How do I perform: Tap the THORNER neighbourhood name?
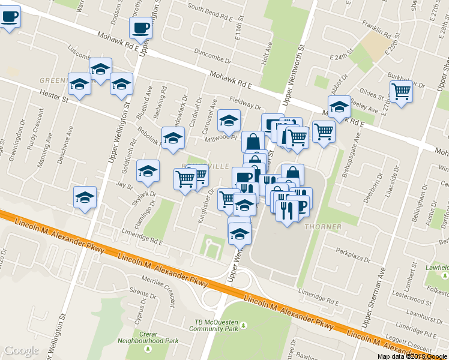[x=323, y=227]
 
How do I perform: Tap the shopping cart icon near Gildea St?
[x=400, y=91]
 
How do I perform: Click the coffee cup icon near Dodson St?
[x=140, y=27]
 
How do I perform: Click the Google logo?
[x=21, y=350]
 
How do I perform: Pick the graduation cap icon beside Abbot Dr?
[x=339, y=107]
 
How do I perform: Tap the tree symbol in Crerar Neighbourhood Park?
[x=148, y=349]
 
